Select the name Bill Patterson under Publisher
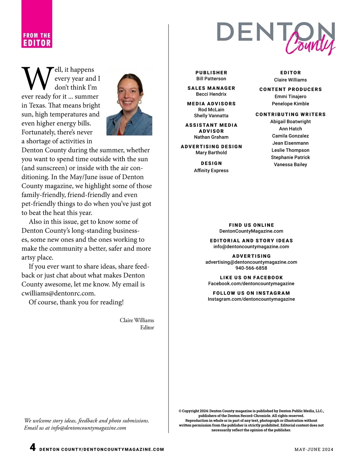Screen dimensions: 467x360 (211, 79)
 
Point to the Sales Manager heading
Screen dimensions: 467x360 (211, 88)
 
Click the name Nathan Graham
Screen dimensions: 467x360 (211, 137)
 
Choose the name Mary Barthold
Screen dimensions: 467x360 (211, 153)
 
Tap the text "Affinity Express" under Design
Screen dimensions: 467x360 (211, 171)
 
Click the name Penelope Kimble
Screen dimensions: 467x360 (290, 104)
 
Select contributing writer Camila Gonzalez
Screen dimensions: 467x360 (290, 136)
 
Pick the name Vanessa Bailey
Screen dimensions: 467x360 (290, 165)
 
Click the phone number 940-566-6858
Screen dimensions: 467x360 (251, 268)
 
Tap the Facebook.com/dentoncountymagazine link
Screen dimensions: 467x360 (251, 284)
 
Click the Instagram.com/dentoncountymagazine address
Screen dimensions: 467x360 (251, 299)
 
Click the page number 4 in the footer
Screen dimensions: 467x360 (33, 448)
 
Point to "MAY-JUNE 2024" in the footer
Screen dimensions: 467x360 (314, 449)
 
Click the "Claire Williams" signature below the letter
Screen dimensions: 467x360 (137, 320)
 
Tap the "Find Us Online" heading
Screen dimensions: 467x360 (251, 225)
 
